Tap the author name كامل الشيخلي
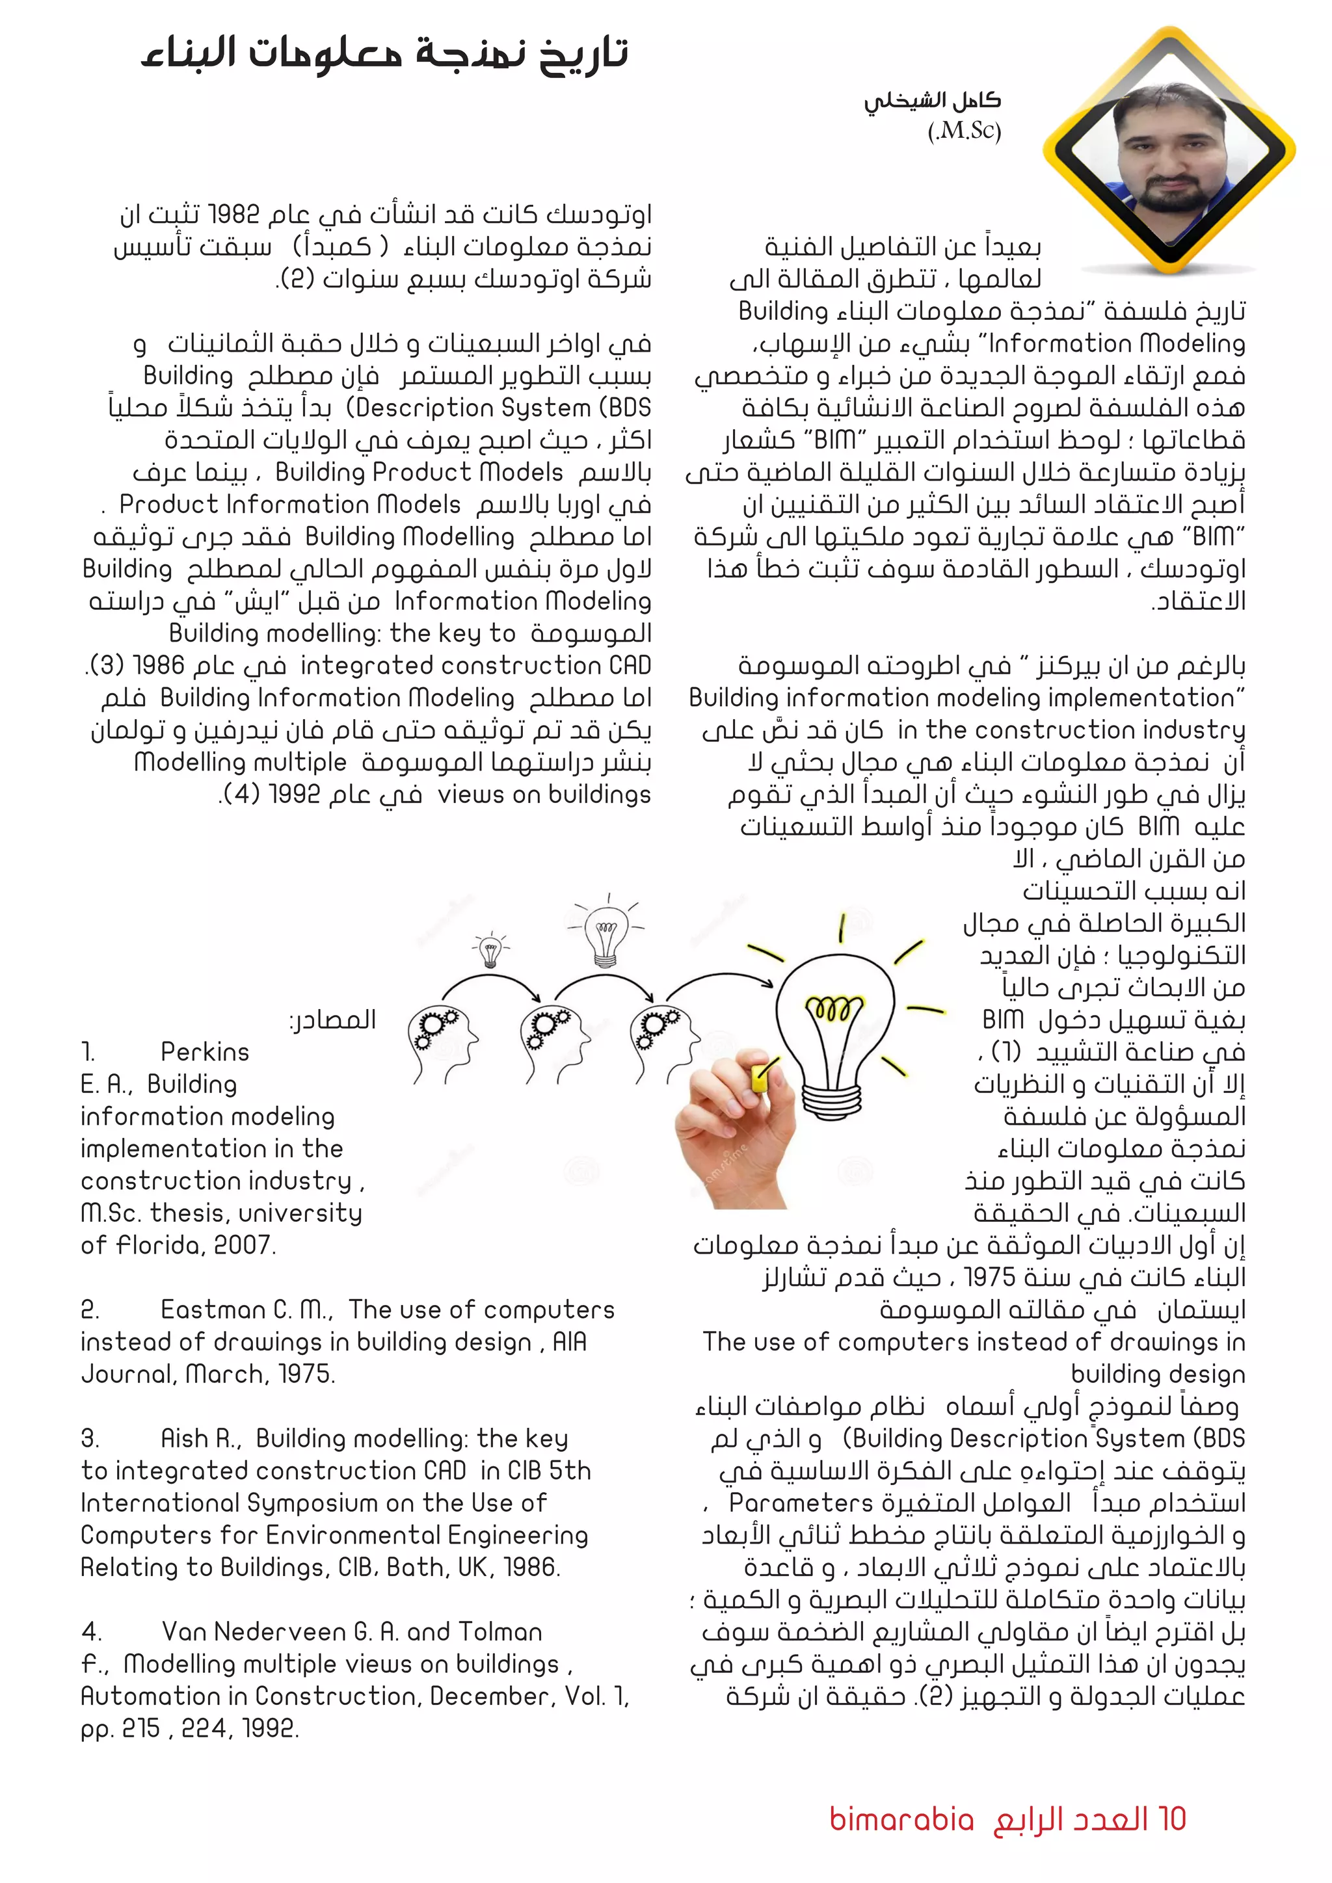point(933,101)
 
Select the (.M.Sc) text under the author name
point(965,131)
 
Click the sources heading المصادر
point(333,1020)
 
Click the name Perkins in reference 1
point(205,1052)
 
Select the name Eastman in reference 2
point(216,1310)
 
